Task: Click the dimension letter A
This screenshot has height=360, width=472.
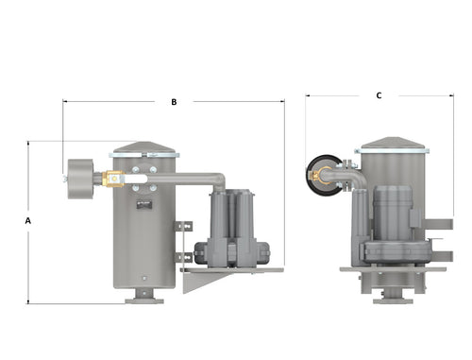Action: click(x=28, y=221)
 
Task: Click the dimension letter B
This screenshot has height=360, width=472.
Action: click(x=174, y=102)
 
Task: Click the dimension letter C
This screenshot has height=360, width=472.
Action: click(x=379, y=95)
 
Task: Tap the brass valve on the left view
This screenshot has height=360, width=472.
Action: click(x=114, y=179)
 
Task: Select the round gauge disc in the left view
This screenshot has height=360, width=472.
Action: click(x=80, y=179)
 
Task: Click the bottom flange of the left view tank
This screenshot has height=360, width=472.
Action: click(x=144, y=301)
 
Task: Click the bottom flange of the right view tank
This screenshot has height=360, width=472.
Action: click(x=393, y=301)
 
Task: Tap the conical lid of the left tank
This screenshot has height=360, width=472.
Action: click(x=144, y=147)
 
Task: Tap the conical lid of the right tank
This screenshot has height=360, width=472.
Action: click(x=393, y=143)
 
